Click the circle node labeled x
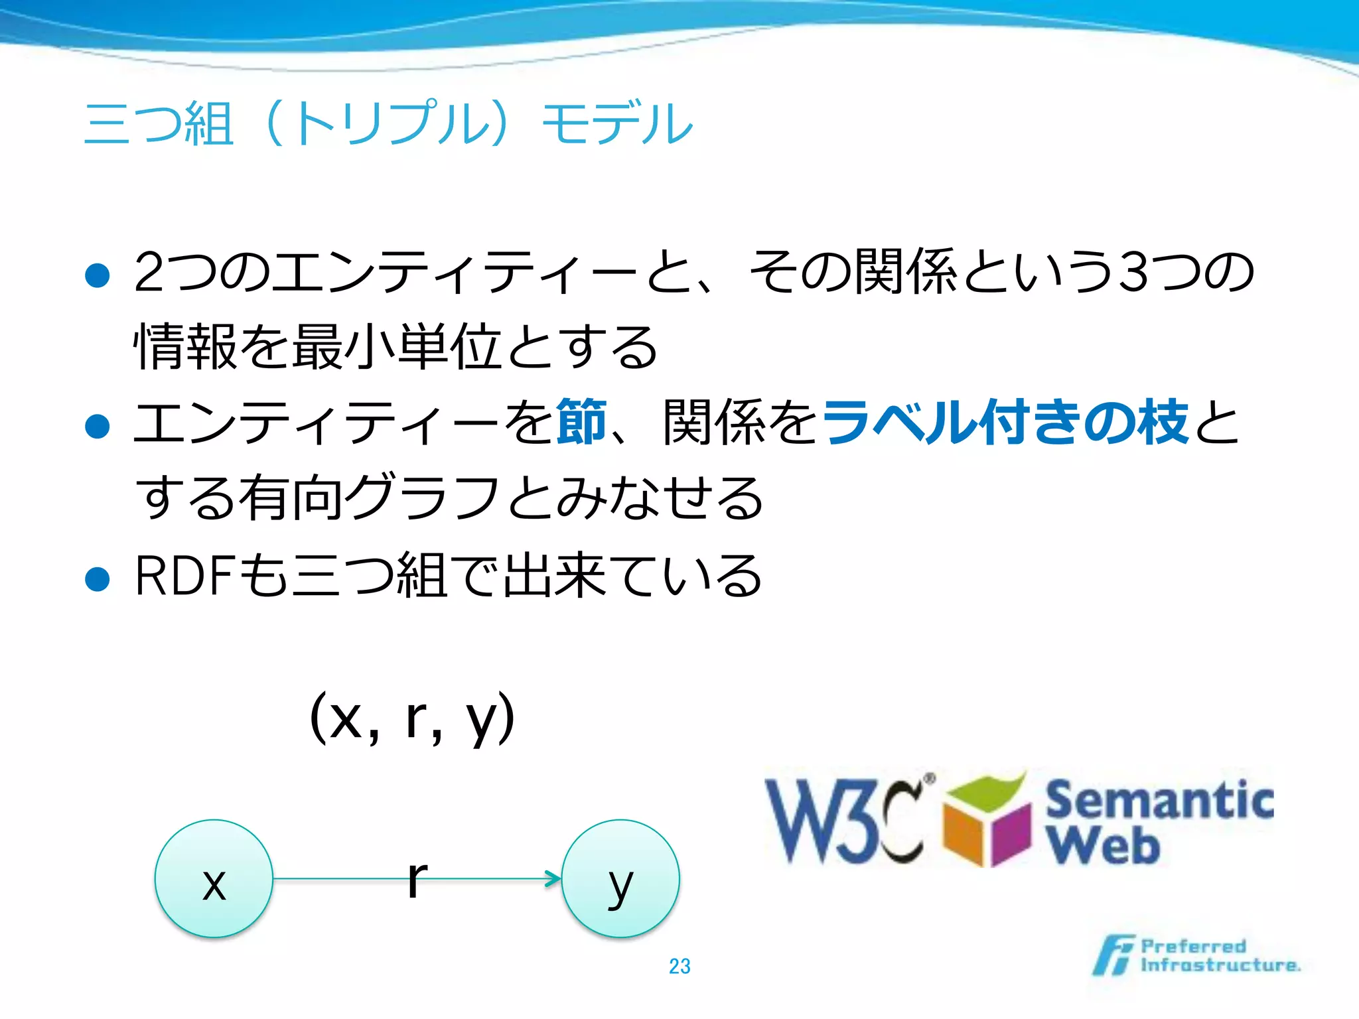[214, 878]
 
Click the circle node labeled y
[620, 878]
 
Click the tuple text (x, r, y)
[412, 718]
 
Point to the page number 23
[679, 966]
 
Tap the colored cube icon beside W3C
[987, 823]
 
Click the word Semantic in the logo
[1159, 801]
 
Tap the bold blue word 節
[582, 422]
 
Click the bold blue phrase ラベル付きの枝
[1005, 422]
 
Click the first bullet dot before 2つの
[98, 275]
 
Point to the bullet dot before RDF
[98, 579]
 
